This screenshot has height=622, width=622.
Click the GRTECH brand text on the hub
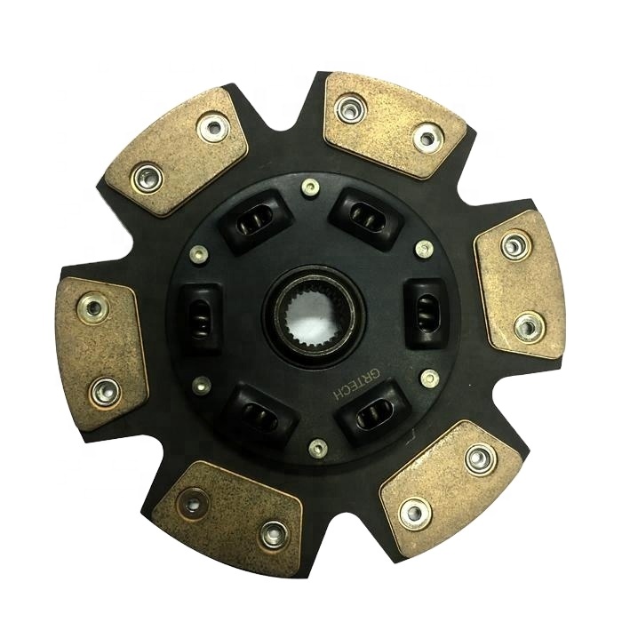(356, 384)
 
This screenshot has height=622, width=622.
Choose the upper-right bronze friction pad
(395, 125)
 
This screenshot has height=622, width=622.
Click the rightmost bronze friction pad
(520, 284)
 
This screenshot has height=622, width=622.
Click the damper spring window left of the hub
(201, 318)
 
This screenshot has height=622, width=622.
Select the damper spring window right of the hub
(427, 314)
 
